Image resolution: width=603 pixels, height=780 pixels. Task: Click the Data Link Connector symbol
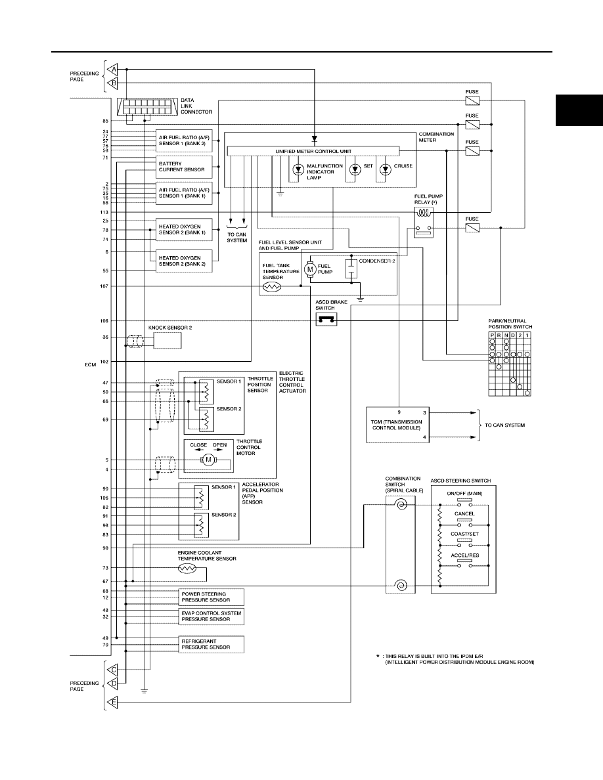coord(147,106)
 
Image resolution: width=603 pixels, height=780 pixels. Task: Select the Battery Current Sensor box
coord(184,167)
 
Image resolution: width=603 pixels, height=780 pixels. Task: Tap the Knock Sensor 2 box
coord(167,341)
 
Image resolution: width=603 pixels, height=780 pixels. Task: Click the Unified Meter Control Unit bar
coord(313,151)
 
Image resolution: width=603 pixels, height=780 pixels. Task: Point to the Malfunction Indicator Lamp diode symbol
coord(298,170)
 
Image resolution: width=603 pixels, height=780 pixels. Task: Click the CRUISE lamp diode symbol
coord(386,170)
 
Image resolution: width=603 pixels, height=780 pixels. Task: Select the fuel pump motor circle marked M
coord(310,269)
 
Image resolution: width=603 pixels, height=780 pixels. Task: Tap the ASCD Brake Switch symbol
coord(326,320)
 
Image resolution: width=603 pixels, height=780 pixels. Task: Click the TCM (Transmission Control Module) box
coord(397,425)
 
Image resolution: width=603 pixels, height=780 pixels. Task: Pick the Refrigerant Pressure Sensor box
coord(212,645)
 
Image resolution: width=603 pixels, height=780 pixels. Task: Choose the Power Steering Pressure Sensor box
coord(212,597)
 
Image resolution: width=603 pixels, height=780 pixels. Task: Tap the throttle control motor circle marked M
coord(209,460)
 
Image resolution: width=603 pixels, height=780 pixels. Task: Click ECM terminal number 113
coord(104,212)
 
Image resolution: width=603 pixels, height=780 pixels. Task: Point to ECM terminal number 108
coord(104,321)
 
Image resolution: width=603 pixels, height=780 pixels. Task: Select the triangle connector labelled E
coord(112,702)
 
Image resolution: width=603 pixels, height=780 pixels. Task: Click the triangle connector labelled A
coord(112,69)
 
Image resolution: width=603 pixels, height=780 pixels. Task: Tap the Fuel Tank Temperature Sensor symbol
coord(272,287)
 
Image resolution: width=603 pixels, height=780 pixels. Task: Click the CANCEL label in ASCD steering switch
coord(464,513)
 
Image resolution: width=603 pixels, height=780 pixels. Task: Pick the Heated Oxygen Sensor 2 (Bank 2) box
coord(184,261)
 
